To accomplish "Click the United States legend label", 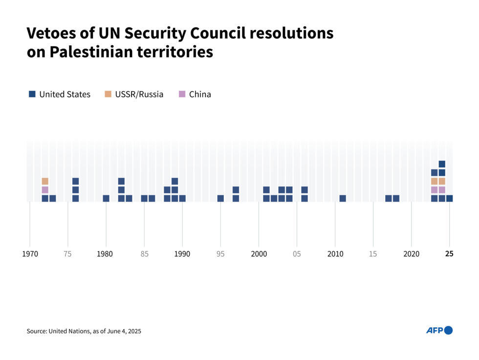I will tap(65, 94).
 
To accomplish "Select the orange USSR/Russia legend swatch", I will tap(108, 94).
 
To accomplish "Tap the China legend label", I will tap(200, 94).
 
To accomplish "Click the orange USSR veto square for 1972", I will tap(45, 181).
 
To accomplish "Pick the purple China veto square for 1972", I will tap(45, 190).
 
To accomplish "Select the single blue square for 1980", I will tap(106, 198).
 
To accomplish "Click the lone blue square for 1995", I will tap(220, 198).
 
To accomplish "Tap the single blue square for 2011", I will tap(343, 198).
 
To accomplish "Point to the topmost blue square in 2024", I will tap(442, 164).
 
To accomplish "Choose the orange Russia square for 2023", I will tap(434, 181).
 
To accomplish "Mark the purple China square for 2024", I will tap(442, 190).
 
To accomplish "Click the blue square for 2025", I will tap(449, 198).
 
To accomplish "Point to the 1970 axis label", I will tap(30, 254).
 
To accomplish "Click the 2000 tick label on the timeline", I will tap(259, 254).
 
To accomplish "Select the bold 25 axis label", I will tap(449, 254).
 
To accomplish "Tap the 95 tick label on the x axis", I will tap(220, 254).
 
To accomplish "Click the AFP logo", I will tap(439, 330).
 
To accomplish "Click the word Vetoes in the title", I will tap(51, 33).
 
